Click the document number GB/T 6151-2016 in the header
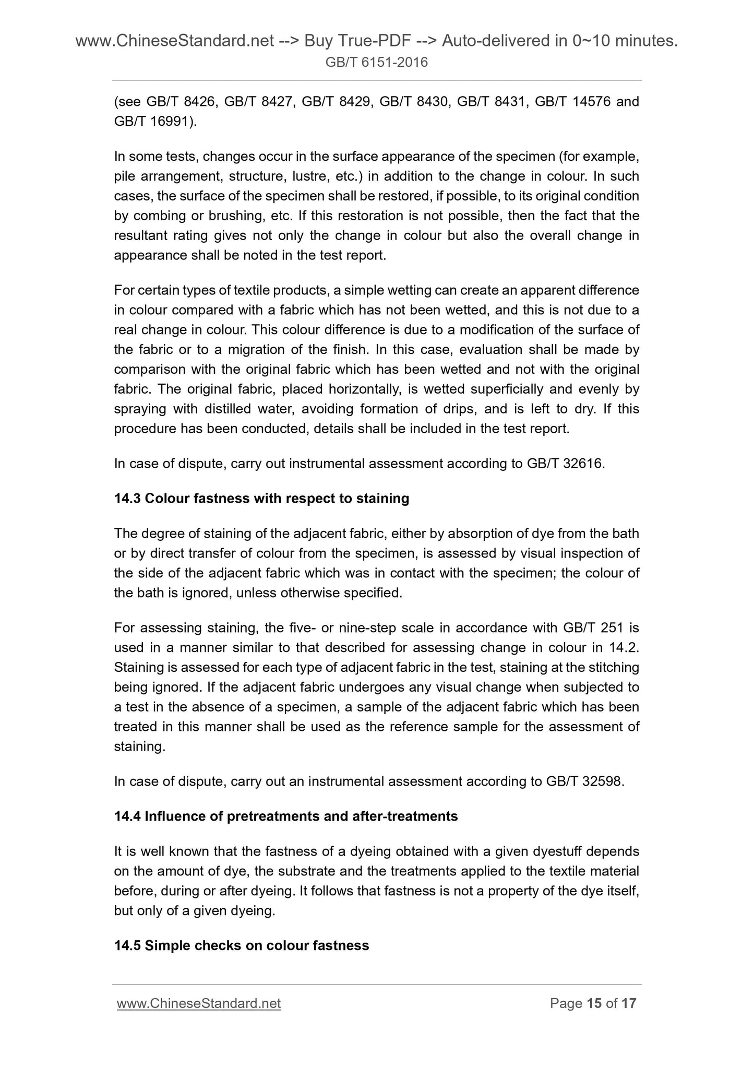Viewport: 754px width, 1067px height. point(376,63)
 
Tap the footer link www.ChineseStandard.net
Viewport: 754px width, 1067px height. point(199,1003)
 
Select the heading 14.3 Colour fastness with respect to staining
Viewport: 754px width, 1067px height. point(261,499)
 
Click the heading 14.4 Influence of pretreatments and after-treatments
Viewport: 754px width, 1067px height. point(285,816)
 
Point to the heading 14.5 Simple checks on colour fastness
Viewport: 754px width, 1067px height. point(242,945)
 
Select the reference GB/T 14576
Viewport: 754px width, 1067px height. point(573,101)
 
